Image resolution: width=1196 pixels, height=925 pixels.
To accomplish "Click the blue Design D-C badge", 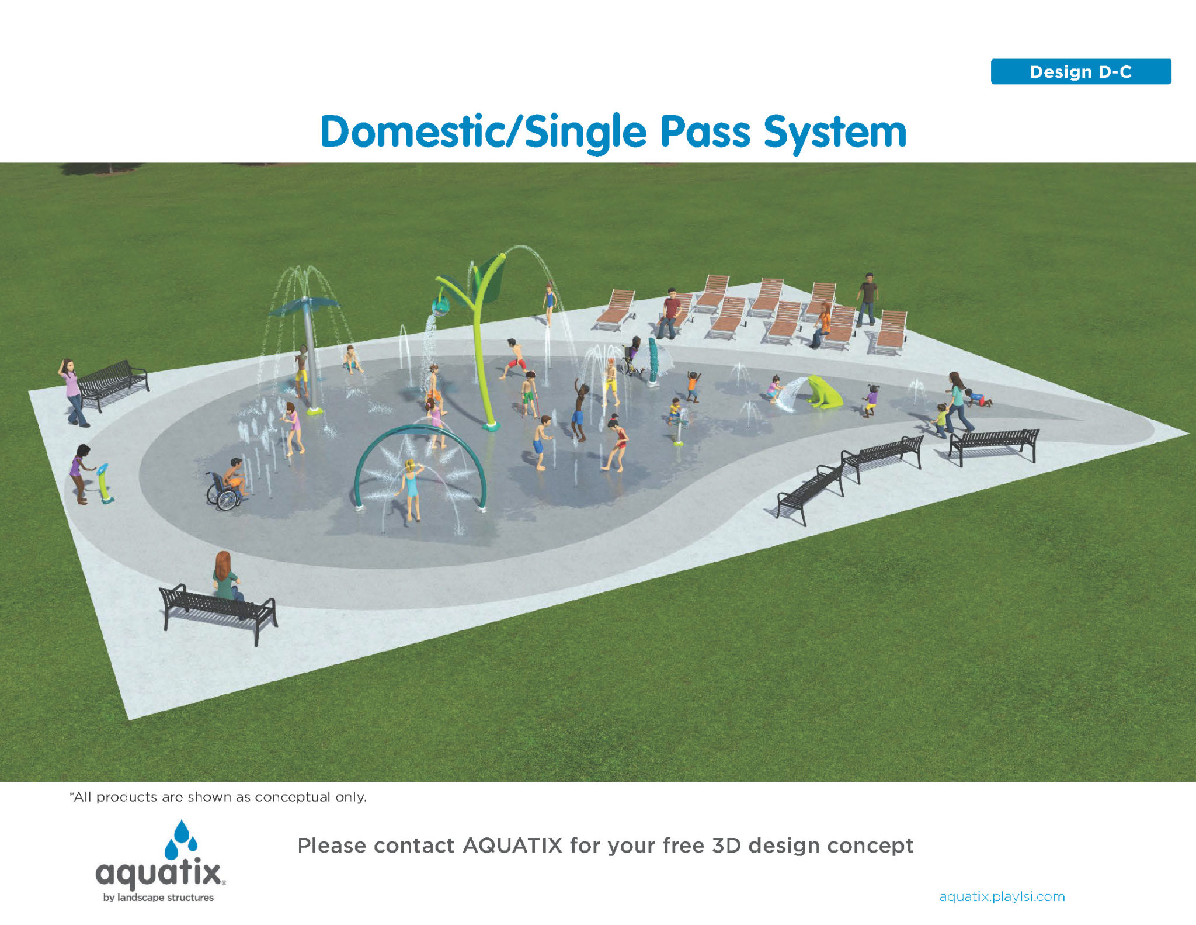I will pyautogui.click(x=1080, y=72).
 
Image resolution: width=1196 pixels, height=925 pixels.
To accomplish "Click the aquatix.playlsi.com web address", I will pyautogui.click(x=1002, y=896).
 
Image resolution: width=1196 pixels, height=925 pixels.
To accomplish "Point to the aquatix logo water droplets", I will pyautogui.click(x=181, y=839).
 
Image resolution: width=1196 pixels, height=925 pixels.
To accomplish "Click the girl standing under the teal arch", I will pyautogui.click(x=412, y=489).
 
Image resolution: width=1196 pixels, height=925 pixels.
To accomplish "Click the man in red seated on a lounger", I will pyautogui.click(x=670, y=313).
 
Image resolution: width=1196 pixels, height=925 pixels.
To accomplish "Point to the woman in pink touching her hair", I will pyautogui.click(x=72, y=392).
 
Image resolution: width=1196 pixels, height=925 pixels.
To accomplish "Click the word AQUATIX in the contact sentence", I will pyautogui.click(x=512, y=846).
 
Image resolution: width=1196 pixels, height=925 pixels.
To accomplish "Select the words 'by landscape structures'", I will pyautogui.click(x=158, y=898).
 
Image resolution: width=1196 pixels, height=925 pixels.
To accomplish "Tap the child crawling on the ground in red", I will pyautogui.click(x=978, y=399).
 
